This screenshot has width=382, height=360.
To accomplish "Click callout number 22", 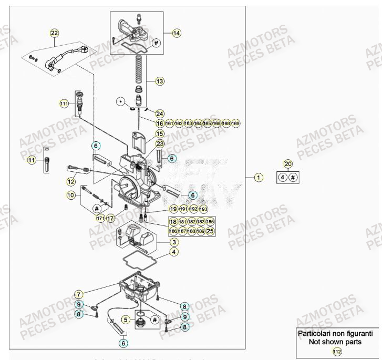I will click(55, 33).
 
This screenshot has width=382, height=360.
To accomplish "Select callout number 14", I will click(176, 33).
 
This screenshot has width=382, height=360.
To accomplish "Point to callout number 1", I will click(259, 177).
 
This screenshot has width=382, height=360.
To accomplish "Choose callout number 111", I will click(64, 104).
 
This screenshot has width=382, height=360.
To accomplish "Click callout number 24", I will click(160, 114).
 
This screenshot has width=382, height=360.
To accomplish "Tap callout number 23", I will click(160, 143).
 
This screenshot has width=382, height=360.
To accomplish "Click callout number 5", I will click(126, 318).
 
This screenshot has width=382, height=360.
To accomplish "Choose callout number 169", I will click(235, 123).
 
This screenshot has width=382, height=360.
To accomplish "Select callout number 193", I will click(203, 209).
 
